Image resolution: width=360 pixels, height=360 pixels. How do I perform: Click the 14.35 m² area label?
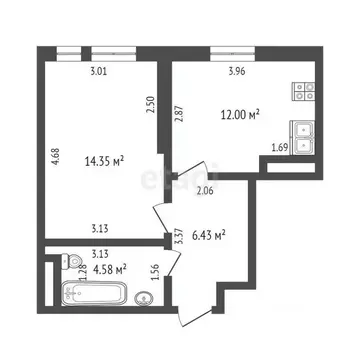[105, 159]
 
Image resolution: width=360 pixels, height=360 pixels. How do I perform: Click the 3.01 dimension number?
[98, 71]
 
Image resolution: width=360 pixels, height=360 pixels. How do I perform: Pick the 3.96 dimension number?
[236, 71]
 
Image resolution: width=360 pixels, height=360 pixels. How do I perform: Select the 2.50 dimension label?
[151, 104]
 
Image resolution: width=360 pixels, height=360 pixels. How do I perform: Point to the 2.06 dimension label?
[205, 190]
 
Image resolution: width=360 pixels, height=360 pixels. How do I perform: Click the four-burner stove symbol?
[303, 92]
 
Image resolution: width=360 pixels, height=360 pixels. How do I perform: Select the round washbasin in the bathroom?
[146, 297]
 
